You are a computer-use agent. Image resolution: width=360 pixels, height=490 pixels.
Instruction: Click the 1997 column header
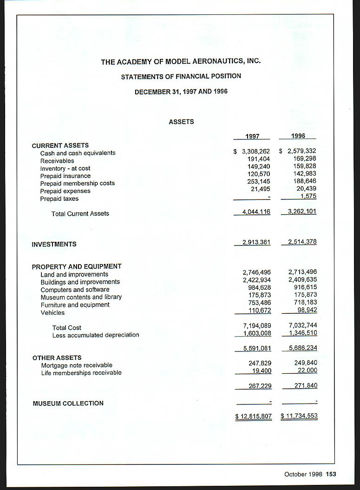coord(252,136)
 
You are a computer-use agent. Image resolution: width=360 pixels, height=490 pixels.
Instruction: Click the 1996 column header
coord(298,136)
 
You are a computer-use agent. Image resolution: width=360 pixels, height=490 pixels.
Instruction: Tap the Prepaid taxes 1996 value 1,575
coord(308,196)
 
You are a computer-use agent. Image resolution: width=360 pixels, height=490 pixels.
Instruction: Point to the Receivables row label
coord(57,161)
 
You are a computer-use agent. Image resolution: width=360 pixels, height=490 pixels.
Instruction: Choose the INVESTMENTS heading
coord(54,244)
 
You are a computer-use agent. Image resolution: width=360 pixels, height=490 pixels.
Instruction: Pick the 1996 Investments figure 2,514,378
coord(302,242)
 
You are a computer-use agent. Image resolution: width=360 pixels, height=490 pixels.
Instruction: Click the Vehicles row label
coord(52,313)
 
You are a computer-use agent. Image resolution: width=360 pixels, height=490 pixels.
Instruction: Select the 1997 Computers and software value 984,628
coord(259,287)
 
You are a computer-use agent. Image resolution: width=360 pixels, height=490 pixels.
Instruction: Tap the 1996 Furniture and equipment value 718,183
coord(305,302)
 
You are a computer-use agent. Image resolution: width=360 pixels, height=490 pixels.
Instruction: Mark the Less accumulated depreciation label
coord(96,335)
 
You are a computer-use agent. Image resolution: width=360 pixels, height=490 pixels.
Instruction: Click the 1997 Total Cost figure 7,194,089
coord(257,325)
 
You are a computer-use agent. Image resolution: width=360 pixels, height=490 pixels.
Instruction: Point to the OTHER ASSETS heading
coord(57,358)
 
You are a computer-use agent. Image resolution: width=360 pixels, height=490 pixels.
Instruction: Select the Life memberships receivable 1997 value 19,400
coord(261,371)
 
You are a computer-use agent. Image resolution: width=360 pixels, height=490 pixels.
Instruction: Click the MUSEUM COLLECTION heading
coord(68,403)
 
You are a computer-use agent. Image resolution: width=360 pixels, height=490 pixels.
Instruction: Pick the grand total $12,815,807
coord(254,416)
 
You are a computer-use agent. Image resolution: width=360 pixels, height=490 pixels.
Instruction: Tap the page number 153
coord(331,474)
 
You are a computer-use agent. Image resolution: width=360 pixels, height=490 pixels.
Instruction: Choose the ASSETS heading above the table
coord(181,122)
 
